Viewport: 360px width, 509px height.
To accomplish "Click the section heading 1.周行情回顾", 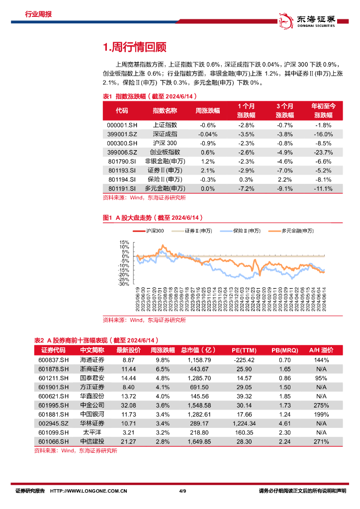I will point(134,47).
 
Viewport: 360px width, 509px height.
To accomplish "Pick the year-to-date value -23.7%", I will point(323,152).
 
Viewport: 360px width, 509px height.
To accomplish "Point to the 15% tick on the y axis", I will point(124,242).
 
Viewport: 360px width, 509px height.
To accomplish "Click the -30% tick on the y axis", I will point(124,284).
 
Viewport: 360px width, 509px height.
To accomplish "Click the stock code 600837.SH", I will point(53,360).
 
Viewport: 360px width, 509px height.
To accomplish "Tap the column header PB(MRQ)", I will point(285,350).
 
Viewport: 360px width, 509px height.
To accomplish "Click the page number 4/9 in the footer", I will point(181,491).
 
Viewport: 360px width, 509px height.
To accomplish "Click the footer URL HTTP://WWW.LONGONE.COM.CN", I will point(90,491).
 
